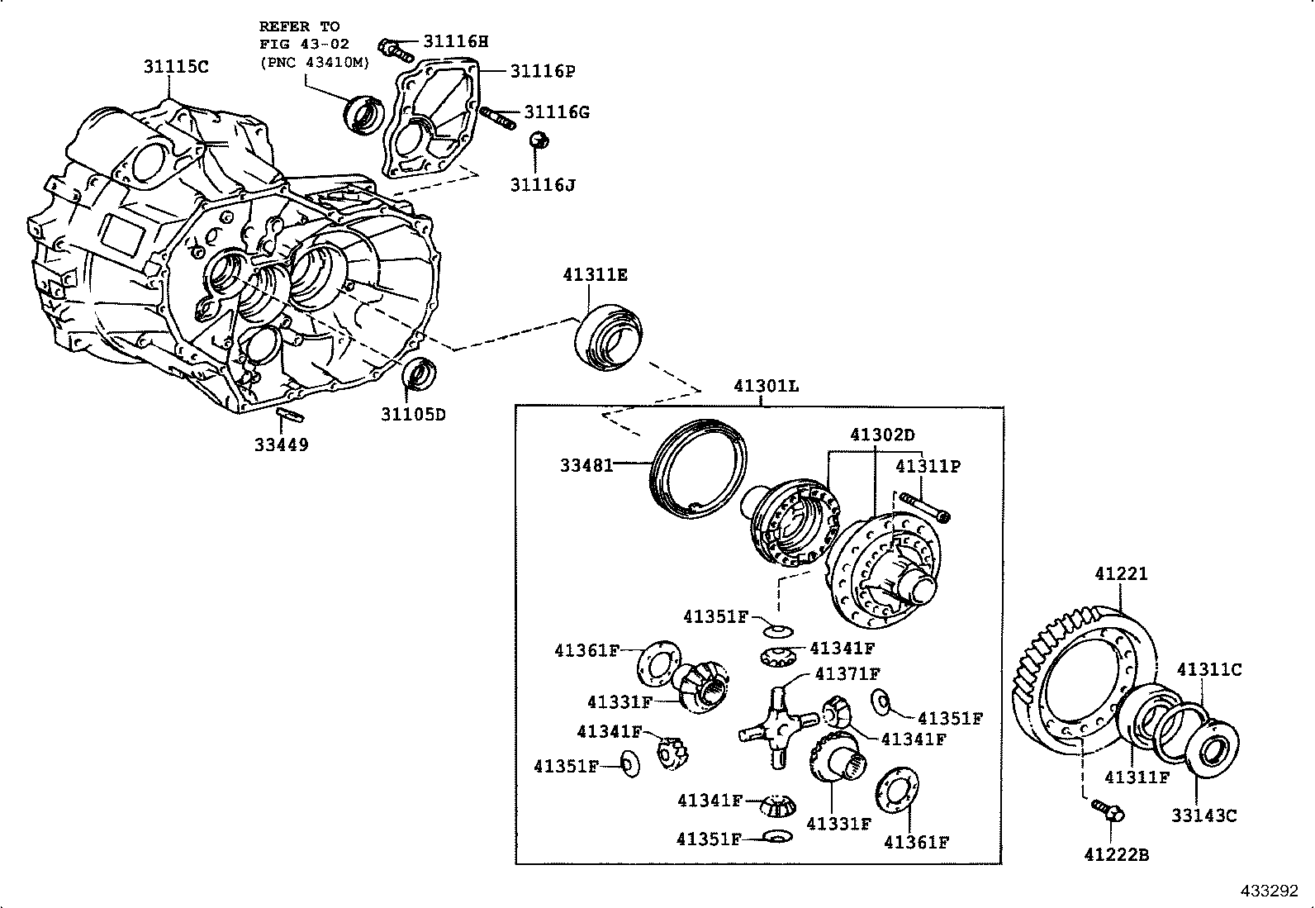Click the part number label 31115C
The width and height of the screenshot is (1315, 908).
176,67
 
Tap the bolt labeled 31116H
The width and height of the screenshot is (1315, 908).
397,50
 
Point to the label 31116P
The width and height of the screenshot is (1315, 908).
542,71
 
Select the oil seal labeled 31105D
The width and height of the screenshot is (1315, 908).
420,374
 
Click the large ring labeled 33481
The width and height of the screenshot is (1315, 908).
699,471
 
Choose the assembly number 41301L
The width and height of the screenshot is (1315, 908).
766,386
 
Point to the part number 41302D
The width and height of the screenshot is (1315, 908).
882,435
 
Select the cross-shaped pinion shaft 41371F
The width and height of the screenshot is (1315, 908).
773,724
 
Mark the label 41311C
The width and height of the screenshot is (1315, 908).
1208,670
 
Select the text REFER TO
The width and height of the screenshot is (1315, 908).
299,26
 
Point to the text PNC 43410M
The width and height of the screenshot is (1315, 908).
315,61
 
